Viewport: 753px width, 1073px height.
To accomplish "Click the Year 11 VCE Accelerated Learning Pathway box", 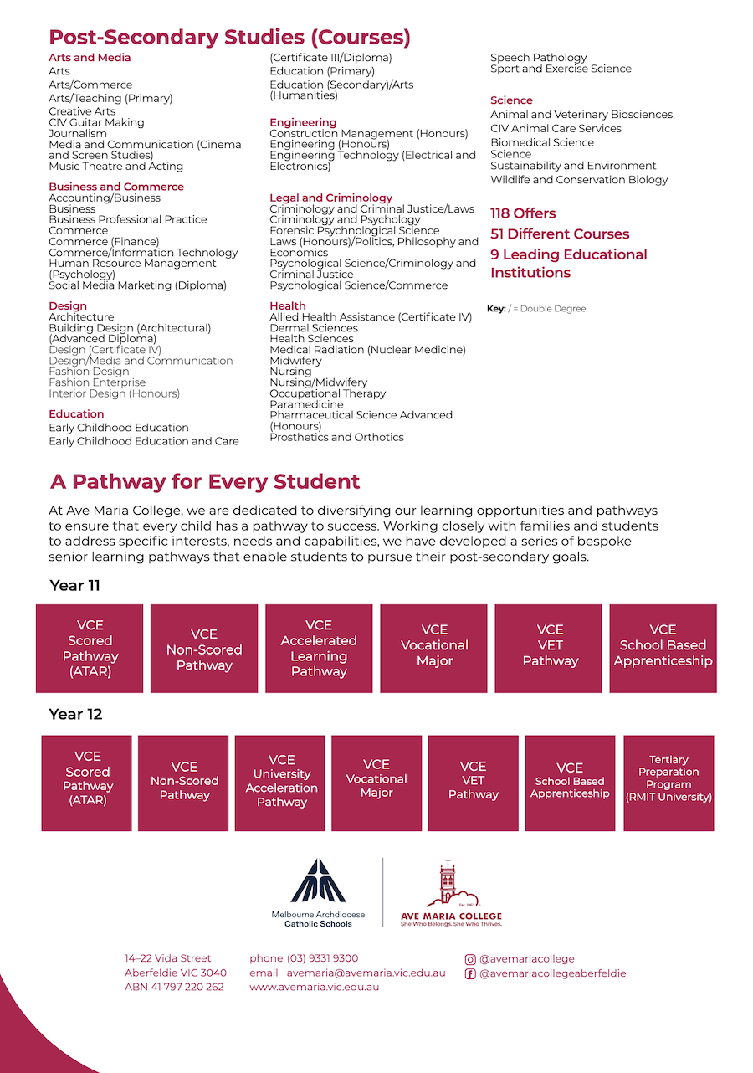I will point(319,649).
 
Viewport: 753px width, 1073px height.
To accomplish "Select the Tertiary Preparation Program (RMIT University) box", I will point(668,783).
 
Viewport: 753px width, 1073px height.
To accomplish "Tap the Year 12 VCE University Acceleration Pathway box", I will point(281,783).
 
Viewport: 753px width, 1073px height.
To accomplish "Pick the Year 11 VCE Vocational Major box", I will point(433,649).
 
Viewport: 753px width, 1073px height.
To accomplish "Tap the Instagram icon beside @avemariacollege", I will point(470,959).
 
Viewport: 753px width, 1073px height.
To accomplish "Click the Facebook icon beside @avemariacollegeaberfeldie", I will point(470,973).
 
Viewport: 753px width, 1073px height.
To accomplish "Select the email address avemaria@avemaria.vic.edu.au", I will point(366,973).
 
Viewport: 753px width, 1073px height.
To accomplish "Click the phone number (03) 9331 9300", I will point(322,958).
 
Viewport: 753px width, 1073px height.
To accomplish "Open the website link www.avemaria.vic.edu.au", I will point(314,987).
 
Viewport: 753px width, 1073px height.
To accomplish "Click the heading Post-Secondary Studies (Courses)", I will point(229,37).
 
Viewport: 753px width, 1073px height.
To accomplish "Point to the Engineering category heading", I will point(303,122).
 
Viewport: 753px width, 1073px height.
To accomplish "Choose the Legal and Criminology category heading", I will point(330,198).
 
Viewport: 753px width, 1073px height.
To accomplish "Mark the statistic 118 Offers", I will point(523,213).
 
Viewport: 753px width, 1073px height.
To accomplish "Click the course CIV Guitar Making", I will point(96,122).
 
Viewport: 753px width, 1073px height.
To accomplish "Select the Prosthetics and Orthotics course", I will point(336,437).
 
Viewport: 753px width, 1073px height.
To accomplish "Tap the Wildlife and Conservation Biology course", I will point(579,179).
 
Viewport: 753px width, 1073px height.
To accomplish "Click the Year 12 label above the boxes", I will point(75,714).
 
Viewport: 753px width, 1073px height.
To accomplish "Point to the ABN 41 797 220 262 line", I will point(174,987).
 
